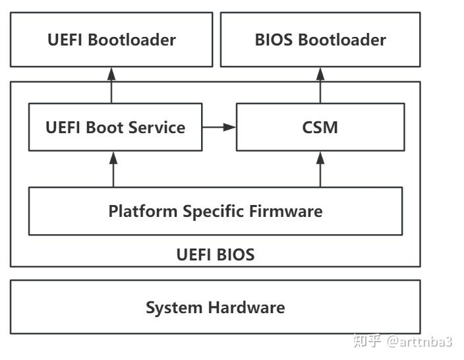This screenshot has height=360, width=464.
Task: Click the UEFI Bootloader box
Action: pyautogui.click(x=111, y=40)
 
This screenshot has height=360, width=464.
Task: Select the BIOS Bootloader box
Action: pyautogui.click(x=320, y=40)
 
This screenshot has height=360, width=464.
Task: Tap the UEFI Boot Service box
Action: pyautogui.click(x=115, y=127)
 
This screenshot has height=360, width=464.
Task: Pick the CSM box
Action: pyautogui.click(x=320, y=127)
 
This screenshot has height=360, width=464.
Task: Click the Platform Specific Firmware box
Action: pyautogui.click(x=215, y=211)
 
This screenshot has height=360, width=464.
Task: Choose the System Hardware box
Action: pyautogui.click(x=215, y=307)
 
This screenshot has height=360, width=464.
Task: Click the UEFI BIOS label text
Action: pyautogui.click(x=215, y=255)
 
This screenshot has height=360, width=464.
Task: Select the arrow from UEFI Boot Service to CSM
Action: pyautogui.click(x=219, y=127)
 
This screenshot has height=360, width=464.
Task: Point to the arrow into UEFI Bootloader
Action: pyautogui.click(x=111, y=84)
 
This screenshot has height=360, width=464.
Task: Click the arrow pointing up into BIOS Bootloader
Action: pyautogui.click(x=320, y=84)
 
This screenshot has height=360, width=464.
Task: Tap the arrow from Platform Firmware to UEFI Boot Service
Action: pyautogui.click(x=113, y=169)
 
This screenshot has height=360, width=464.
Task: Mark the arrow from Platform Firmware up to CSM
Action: pyautogui.click(x=320, y=169)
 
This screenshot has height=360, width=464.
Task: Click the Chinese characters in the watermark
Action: pyautogui.click(x=367, y=341)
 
